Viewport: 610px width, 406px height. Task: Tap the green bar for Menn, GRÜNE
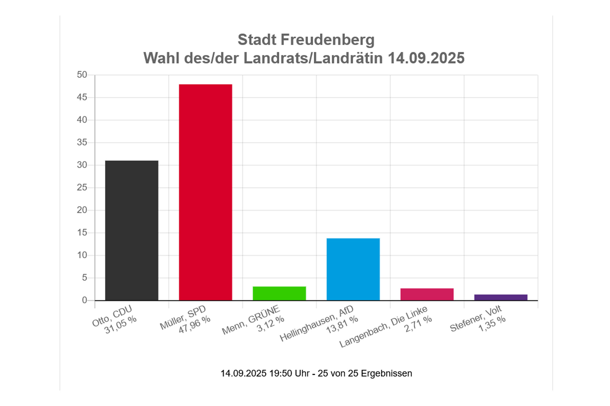(279, 293)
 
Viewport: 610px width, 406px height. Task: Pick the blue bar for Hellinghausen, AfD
(353, 269)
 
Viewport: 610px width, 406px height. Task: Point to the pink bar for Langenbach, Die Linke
(427, 294)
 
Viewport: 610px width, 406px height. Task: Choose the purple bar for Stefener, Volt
(501, 297)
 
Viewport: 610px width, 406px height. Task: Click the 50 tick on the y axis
(82, 75)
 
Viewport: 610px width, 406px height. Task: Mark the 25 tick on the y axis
(82, 187)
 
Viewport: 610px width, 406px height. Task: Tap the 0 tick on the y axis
(84, 300)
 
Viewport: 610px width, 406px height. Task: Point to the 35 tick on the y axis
(82, 142)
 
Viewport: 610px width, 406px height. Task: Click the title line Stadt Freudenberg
(306, 40)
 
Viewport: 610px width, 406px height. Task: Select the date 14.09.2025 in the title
(426, 58)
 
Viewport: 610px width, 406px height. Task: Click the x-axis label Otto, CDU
(112, 316)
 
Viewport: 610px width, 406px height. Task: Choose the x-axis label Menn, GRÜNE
(251, 320)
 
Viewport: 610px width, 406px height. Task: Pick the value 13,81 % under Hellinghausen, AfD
(342, 325)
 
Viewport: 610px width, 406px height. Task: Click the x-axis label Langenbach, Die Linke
(383, 326)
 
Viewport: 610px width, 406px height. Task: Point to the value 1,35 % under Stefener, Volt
(492, 324)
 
